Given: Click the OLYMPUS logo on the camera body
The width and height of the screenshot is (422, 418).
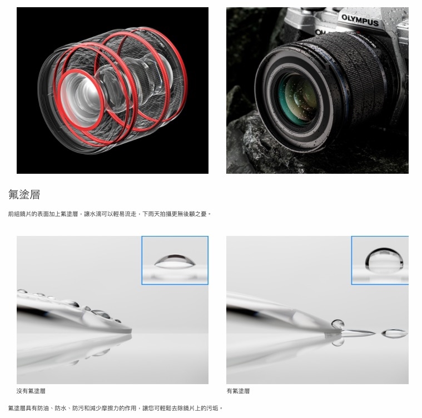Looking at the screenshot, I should coord(360,21).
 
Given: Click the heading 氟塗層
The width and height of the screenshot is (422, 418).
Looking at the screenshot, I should coord(24,194).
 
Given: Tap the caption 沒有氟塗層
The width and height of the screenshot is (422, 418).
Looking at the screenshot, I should coord(31,391).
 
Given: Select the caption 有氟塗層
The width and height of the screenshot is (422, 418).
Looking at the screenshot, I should coord(238,391).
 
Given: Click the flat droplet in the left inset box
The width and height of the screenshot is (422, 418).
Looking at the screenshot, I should coord(174,260).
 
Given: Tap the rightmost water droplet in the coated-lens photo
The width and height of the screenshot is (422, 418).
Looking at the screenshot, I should coord(394,334).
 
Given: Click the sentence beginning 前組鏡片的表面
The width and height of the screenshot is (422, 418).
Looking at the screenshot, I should coord(110,213).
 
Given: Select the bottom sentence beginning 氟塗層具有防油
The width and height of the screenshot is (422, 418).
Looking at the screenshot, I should coord(115,408).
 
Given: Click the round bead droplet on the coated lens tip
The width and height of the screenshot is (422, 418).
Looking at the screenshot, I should coord(337,324).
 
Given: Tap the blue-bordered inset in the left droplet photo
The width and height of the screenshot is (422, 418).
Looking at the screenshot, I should coord(175,260).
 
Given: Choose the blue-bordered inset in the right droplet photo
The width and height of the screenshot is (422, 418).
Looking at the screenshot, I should coord(380,260).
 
